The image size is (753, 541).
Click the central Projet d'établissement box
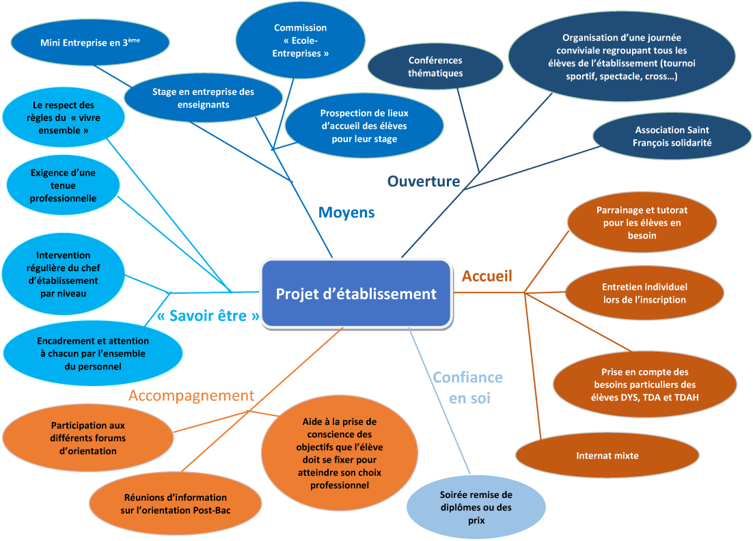(x=356, y=294)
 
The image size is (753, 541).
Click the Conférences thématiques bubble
(x=435, y=67)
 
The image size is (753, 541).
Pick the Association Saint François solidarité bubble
(x=672, y=136)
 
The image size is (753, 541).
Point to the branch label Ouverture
(x=424, y=181)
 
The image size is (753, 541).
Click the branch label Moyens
(x=346, y=212)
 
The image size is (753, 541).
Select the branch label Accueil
(x=487, y=276)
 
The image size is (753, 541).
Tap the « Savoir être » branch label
(x=208, y=316)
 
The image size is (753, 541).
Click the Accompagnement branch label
(x=191, y=396)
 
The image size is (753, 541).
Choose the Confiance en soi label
(x=468, y=387)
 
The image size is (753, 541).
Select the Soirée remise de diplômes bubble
(x=476, y=508)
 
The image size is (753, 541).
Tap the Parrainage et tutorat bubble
(x=642, y=223)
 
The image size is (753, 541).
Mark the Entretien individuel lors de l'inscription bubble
(x=644, y=293)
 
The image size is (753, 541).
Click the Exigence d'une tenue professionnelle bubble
(x=63, y=186)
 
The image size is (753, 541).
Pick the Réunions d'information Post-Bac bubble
(x=176, y=504)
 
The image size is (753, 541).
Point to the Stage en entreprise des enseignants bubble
(x=203, y=98)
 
